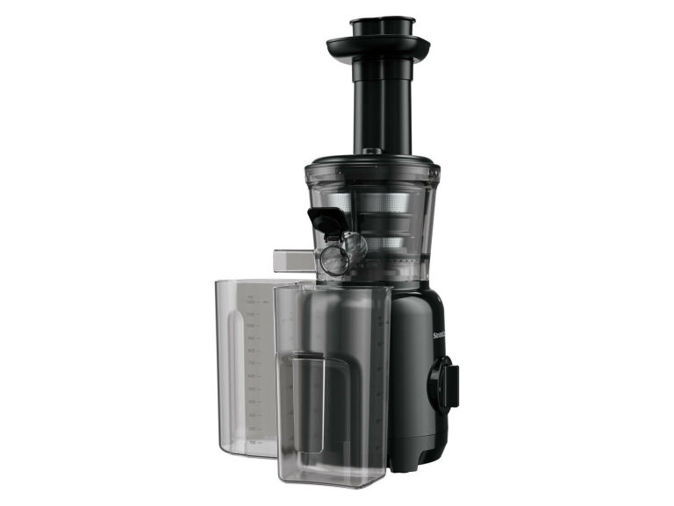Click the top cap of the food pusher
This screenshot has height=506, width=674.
pyautogui.click(x=383, y=22)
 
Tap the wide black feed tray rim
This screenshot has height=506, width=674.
pyautogui.click(x=378, y=46)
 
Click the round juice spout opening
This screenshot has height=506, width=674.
pyautogui.click(x=333, y=260)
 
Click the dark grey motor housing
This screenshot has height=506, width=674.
pyautogui.click(x=412, y=368)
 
